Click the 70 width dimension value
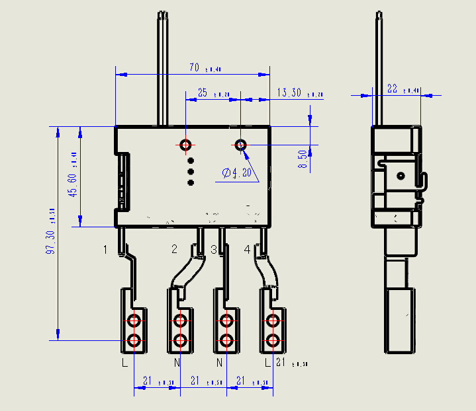pos(195,67)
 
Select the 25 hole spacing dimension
pos(203,93)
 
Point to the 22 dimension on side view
pos(393,89)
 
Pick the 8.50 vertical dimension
pos(303,159)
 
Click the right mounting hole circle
pos(241,144)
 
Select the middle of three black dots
pos(191,172)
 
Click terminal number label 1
pos(105,250)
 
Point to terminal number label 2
pos(175,249)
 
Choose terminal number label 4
pos(247,249)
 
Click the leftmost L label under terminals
pos(124,363)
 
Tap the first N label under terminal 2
pos(177,363)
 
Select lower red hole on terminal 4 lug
pos(272,341)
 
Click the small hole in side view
pos(400,176)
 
